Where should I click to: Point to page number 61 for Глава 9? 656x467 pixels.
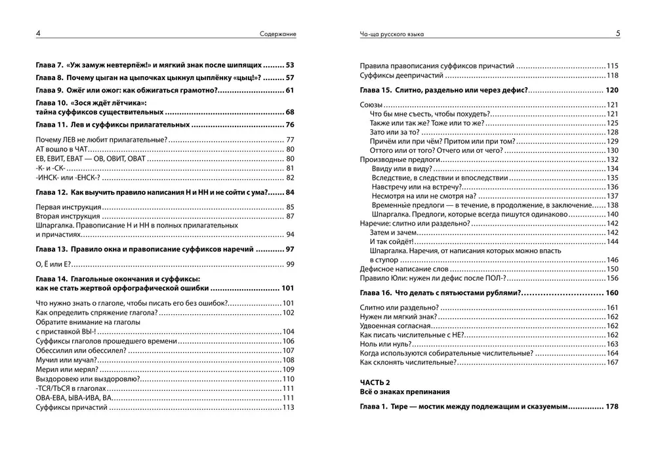click(x=290, y=90)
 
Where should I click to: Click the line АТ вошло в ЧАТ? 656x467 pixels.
click(x=63, y=150)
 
